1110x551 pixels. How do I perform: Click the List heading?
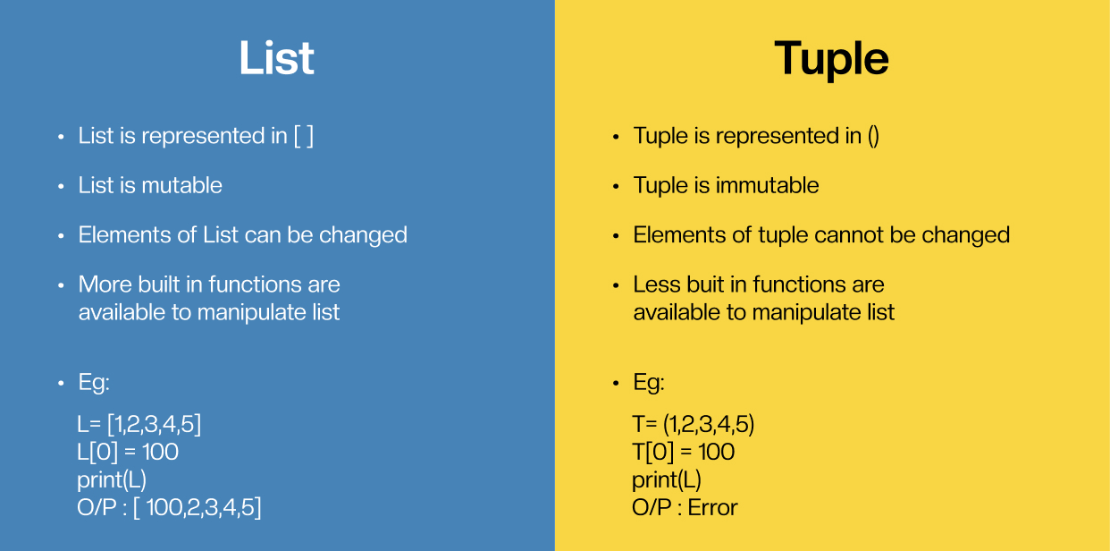pyautogui.click(x=276, y=58)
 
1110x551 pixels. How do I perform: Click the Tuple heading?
pyautogui.click(x=831, y=60)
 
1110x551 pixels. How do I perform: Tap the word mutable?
pyautogui.click(x=181, y=185)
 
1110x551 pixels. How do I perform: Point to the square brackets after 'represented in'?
pyautogui.click(x=304, y=136)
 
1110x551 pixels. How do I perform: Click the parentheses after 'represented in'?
pyautogui.click(x=873, y=136)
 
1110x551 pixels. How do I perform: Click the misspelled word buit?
pyautogui.click(x=705, y=284)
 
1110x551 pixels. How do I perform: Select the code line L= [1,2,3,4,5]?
pyautogui.click(x=139, y=425)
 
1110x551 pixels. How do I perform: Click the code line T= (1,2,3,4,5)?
pyautogui.click(x=694, y=425)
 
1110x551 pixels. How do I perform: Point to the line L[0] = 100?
pyautogui.click(x=128, y=452)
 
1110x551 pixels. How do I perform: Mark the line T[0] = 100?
pyautogui.click(x=684, y=452)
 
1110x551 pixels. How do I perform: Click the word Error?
pyautogui.click(x=712, y=507)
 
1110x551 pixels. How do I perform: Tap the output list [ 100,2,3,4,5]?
pyautogui.click(x=198, y=507)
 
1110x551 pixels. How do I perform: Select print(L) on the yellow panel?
pyautogui.click(x=667, y=480)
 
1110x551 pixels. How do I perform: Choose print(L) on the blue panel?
pyautogui.click(x=112, y=480)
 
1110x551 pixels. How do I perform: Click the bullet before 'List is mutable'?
pyautogui.click(x=61, y=186)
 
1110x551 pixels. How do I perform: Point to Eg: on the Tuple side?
pyautogui.click(x=649, y=383)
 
